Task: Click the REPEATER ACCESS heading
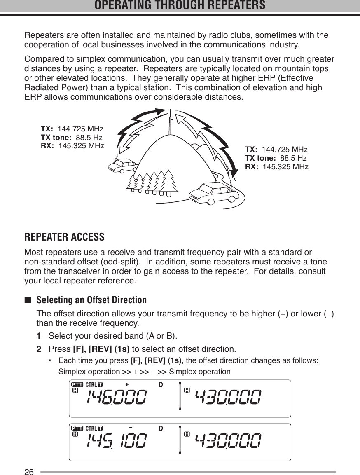click(65, 238)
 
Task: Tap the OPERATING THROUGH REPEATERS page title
click(180, 6)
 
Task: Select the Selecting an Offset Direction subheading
click(91, 300)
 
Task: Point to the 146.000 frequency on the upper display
click(116, 398)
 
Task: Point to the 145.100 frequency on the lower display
click(116, 441)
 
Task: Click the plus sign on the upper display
click(127, 384)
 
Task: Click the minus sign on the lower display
click(130, 428)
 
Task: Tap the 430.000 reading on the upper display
click(227, 398)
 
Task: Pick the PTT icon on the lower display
click(77, 428)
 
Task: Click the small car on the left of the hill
click(123, 166)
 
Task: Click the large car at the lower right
click(213, 193)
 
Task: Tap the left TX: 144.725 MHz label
click(72, 129)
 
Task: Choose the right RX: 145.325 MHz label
click(276, 167)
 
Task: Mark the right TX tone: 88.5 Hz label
click(276, 158)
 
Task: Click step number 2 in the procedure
click(40, 350)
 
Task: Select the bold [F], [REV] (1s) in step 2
click(101, 350)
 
